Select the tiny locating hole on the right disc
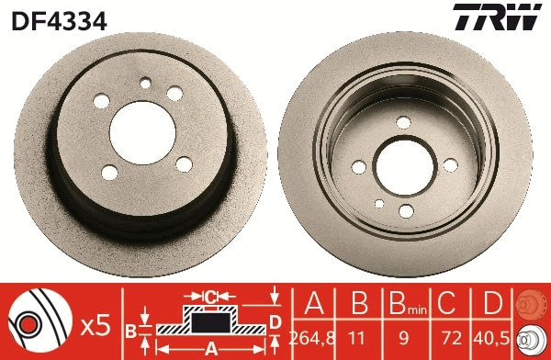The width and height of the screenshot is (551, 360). click(x=379, y=204)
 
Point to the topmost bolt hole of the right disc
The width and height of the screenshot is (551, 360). click(x=403, y=121)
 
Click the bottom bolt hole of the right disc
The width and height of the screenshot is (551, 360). click(x=406, y=211)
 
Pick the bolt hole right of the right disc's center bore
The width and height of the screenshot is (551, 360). click(x=450, y=165)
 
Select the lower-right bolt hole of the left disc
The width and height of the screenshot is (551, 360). click(x=184, y=164)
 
